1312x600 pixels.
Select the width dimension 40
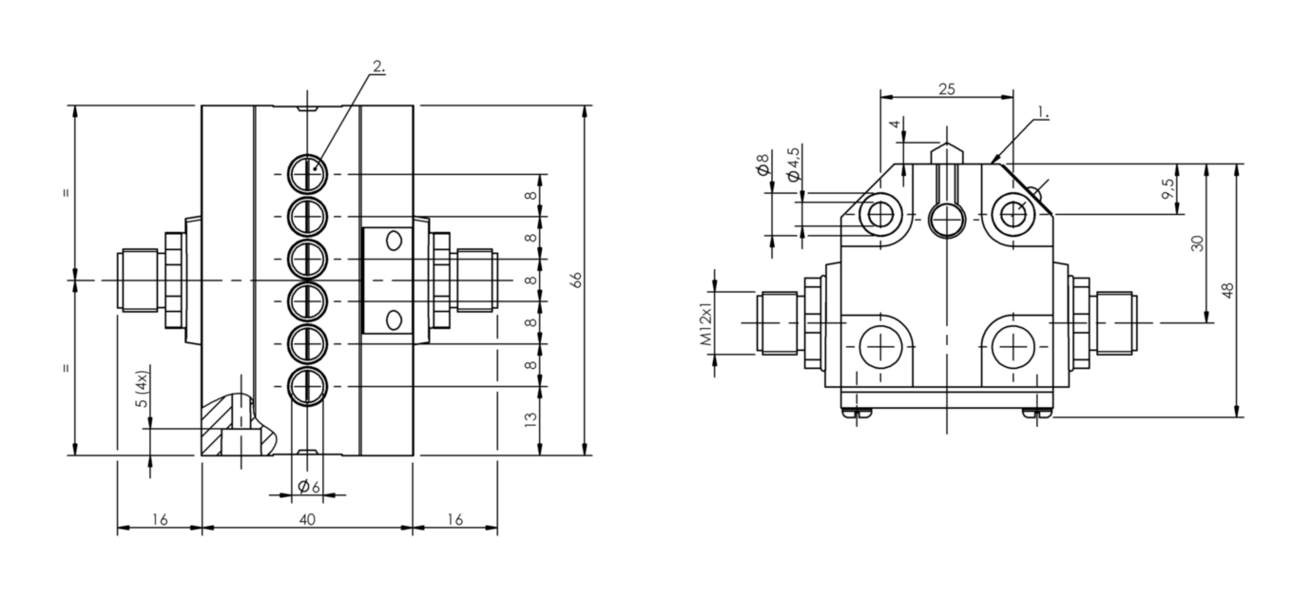point(307,519)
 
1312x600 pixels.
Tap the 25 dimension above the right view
point(947,89)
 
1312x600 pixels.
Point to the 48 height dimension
point(1228,290)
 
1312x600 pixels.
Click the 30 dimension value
point(1197,242)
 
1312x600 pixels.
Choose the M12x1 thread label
point(705,325)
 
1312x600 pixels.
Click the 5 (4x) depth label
point(142,389)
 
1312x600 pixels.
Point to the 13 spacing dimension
point(531,416)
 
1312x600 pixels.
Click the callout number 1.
point(1042,112)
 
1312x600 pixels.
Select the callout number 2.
point(378,67)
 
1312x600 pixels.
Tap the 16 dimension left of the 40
point(160,519)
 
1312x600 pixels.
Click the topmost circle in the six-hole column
point(308,173)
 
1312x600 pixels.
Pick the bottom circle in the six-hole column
point(308,386)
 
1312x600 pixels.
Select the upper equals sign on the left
point(66,193)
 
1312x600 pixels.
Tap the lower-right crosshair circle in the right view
point(1015,347)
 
